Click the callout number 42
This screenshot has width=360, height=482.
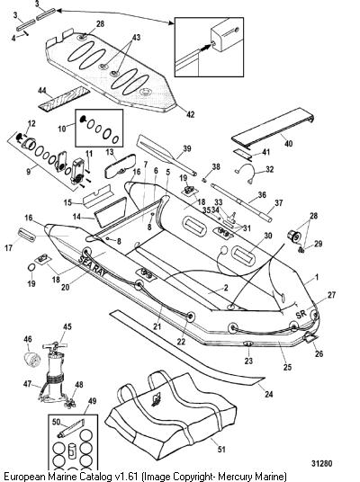pyautogui.click(x=191, y=114)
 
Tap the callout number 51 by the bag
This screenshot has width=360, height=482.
pyautogui.click(x=221, y=450)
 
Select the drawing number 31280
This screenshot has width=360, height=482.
pyautogui.click(x=321, y=463)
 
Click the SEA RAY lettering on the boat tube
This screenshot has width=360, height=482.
pyautogui.click(x=94, y=266)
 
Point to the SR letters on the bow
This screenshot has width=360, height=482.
pyautogui.click(x=301, y=314)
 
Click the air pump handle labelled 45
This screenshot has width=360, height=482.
pyautogui.click(x=55, y=346)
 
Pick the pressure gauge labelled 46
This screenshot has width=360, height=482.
pyautogui.click(x=30, y=358)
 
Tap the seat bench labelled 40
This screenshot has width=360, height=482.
pyautogui.click(x=273, y=127)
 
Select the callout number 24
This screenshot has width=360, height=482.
pyautogui.click(x=268, y=394)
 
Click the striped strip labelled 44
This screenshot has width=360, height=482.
pyautogui.click(x=64, y=98)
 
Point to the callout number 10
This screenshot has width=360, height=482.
pyautogui.click(x=62, y=129)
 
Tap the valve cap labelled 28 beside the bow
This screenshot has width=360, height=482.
pyautogui.click(x=294, y=237)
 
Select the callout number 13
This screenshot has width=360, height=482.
pyautogui.click(x=110, y=152)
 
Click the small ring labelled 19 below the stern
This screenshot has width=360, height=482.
pyautogui.click(x=31, y=268)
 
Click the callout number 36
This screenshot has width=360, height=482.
pyautogui.click(x=262, y=195)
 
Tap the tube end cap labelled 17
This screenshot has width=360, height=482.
pyautogui.click(x=27, y=235)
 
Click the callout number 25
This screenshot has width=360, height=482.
pyautogui.click(x=287, y=367)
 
